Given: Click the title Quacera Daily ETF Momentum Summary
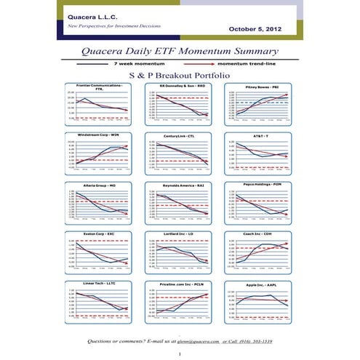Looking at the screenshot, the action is [180, 52].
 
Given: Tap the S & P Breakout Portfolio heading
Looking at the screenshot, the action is [180, 75].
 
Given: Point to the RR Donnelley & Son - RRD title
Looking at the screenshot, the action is [179, 86].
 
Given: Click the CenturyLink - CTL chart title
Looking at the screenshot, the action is [180, 135].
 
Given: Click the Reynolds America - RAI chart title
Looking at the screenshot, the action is [179, 185].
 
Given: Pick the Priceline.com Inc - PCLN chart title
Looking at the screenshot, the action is [179, 284].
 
